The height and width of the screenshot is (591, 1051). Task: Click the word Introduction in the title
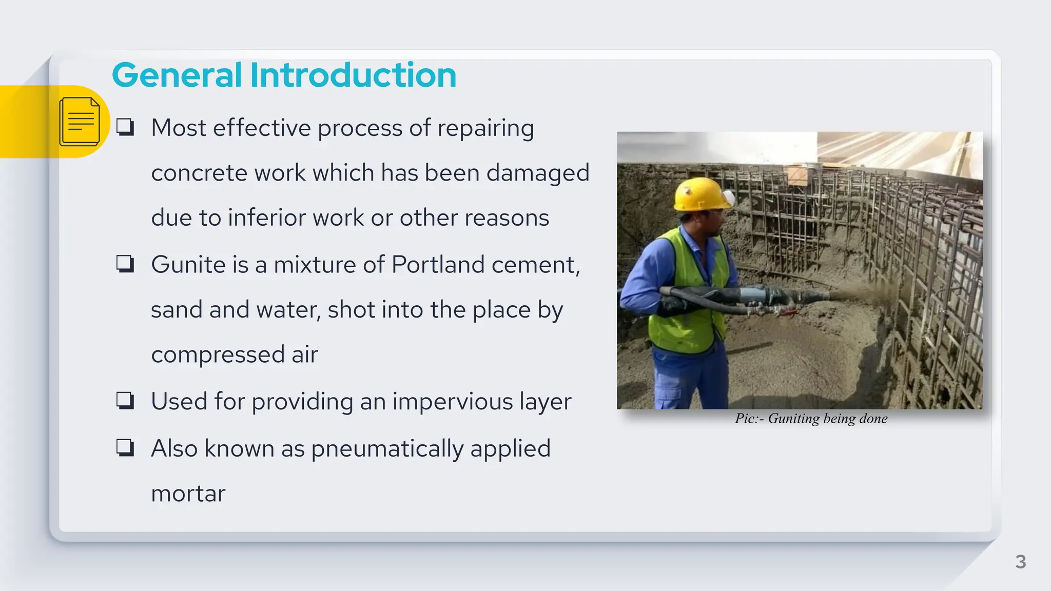(353, 75)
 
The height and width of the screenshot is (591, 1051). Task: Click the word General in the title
(177, 75)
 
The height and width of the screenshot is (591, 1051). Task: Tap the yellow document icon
(80, 122)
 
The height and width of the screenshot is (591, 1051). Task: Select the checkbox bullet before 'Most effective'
(125, 127)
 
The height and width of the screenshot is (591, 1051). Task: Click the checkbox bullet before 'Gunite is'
(125, 264)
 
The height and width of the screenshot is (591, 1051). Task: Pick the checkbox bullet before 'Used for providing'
(125, 401)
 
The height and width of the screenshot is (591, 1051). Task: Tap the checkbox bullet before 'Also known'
(125, 448)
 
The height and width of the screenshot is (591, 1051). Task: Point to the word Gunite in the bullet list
(188, 265)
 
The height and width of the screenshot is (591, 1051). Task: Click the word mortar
(188, 494)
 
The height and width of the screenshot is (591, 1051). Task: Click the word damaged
(537, 173)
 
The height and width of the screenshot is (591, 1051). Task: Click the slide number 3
(1020, 562)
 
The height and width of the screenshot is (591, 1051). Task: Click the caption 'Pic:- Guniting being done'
(811, 419)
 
